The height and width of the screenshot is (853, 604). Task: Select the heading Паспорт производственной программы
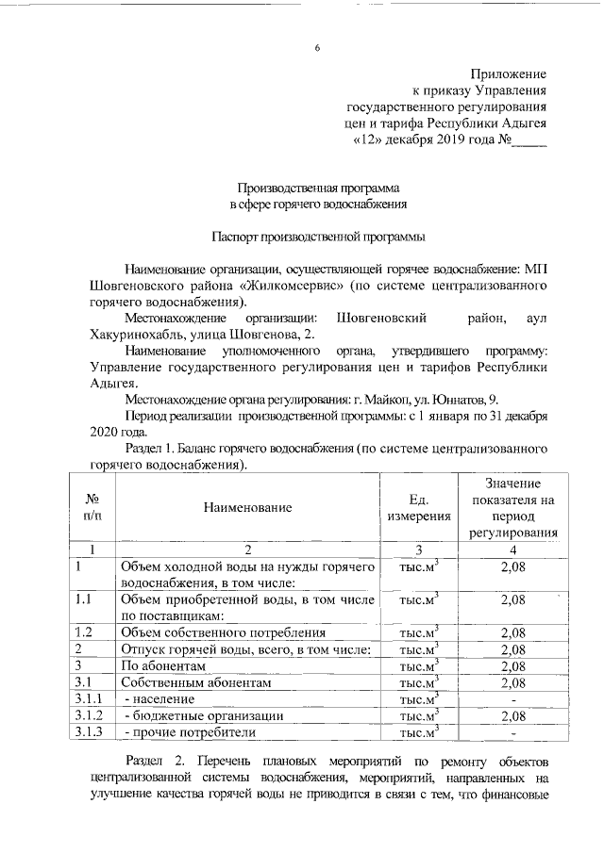click(317, 236)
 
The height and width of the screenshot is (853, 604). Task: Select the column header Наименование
click(246, 507)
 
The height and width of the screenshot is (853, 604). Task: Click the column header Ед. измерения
click(418, 507)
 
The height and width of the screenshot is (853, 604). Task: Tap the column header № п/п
click(92, 507)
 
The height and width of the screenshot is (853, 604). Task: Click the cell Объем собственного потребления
click(225, 632)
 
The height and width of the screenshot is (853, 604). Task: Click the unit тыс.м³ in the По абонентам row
click(418, 665)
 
